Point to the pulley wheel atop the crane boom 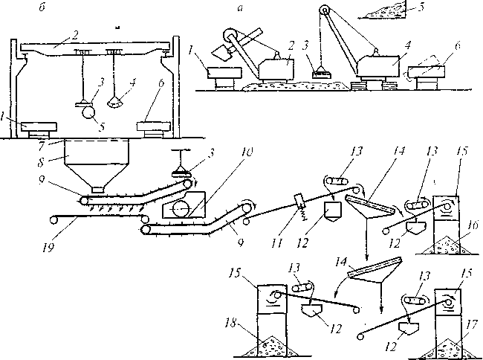pyautogui.click(x=324, y=10)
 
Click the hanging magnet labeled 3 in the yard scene pyautogui.click(x=322, y=72)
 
